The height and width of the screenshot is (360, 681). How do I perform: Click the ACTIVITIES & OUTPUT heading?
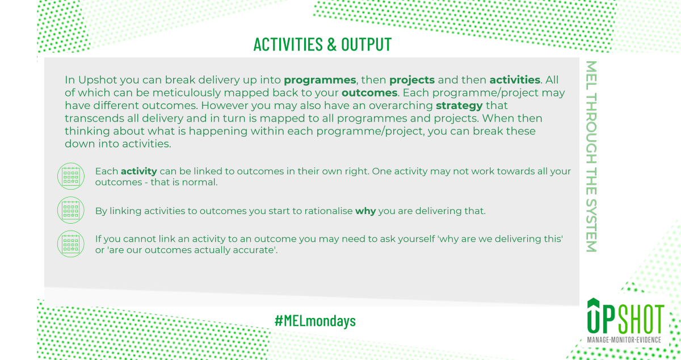point(322,44)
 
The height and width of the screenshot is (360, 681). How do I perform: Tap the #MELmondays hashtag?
point(315,321)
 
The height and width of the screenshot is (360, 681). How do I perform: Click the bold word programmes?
point(320,80)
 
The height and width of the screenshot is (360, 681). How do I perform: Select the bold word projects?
point(412,80)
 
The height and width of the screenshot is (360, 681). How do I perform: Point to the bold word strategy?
point(459,106)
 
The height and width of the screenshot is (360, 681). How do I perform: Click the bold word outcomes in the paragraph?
point(369,93)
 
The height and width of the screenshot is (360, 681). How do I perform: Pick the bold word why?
point(365,211)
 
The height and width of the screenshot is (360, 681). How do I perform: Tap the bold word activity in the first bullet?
point(139,171)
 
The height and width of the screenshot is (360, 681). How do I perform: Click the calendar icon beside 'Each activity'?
point(71,176)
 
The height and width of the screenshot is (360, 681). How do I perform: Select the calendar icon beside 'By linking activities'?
point(71,210)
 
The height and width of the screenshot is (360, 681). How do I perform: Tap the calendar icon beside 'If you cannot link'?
point(71,244)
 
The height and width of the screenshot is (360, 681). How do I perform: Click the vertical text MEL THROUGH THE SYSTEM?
point(591,156)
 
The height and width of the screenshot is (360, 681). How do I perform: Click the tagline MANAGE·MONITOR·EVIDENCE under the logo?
point(624,340)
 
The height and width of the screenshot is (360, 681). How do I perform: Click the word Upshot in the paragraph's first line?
point(98,80)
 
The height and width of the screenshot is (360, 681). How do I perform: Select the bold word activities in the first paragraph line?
point(515,79)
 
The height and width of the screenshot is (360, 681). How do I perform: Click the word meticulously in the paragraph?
point(187,93)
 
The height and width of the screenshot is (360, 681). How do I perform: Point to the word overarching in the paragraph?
point(401,106)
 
